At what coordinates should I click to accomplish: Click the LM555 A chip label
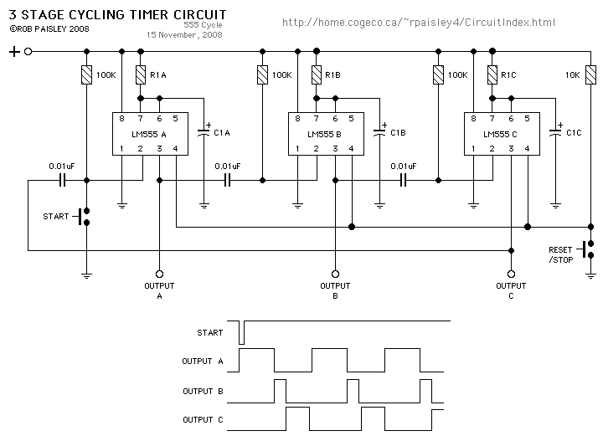click(x=150, y=134)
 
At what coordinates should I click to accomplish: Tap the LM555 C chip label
click(x=502, y=134)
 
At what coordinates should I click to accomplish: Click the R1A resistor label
click(x=158, y=75)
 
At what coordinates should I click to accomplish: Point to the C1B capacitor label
click(x=398, y=132)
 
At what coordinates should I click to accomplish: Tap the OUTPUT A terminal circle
click(x=159, y=274)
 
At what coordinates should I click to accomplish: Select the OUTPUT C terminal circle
click(x=511, y=274)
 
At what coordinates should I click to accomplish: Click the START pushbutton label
click(x=56, y=217)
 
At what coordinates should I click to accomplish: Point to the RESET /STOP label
click(x=561, y=254)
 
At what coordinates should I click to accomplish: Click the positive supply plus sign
click(x=14, y=52)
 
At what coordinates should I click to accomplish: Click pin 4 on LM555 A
click(x=176, y=149)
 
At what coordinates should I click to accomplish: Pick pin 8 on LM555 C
click(x=473, y=119)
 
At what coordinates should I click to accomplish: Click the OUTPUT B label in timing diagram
click(x=203, y=391)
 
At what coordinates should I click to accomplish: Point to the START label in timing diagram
click(x=210, y=332)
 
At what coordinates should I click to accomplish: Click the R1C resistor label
click(x=509, y=75)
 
